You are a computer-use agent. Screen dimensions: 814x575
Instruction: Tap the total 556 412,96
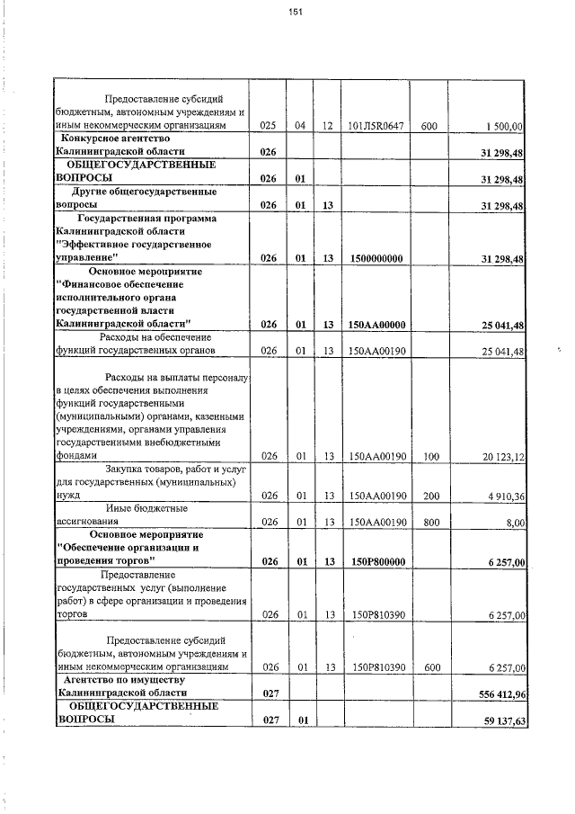[x=497, y=694]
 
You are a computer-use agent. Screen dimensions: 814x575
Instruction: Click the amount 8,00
[x=515, y=522]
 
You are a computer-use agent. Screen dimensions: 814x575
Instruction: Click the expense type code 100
[x=430, y=457]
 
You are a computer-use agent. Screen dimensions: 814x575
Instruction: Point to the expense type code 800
[x=430, y=522]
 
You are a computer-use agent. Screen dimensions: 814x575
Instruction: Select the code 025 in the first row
[x=267, y=127]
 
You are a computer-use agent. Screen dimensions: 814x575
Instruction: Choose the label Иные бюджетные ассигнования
[x=118, y=514]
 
